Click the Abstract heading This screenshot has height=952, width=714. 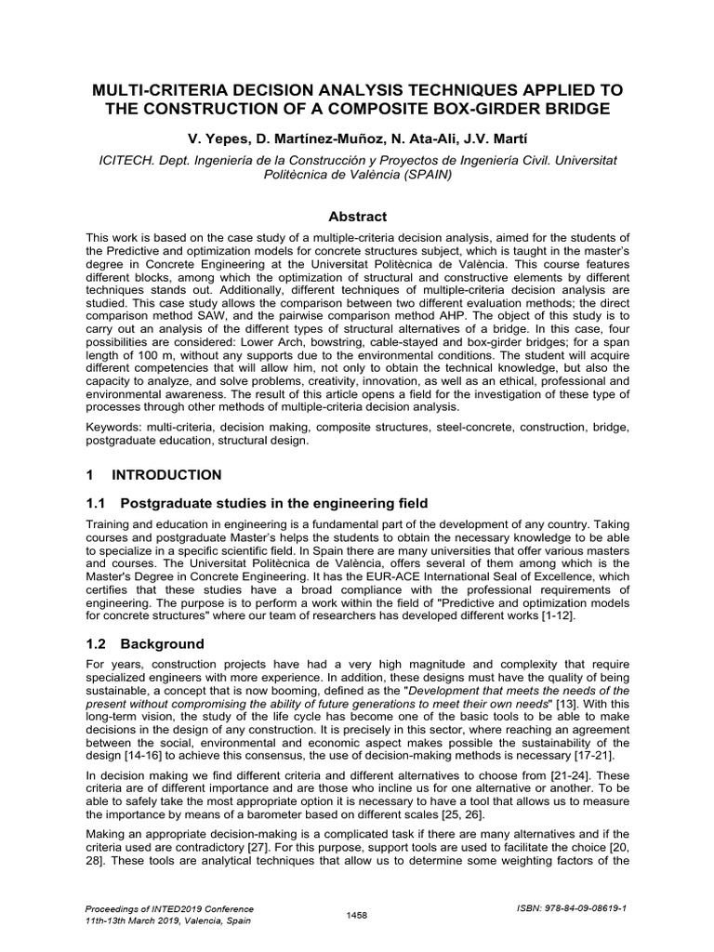click(x=356, y=216)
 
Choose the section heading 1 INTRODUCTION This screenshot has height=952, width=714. click(x=153, y=475)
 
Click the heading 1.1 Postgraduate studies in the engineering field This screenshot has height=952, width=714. click(x=257, y=503)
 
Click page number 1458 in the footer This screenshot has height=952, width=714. click(x=356, y=916)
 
